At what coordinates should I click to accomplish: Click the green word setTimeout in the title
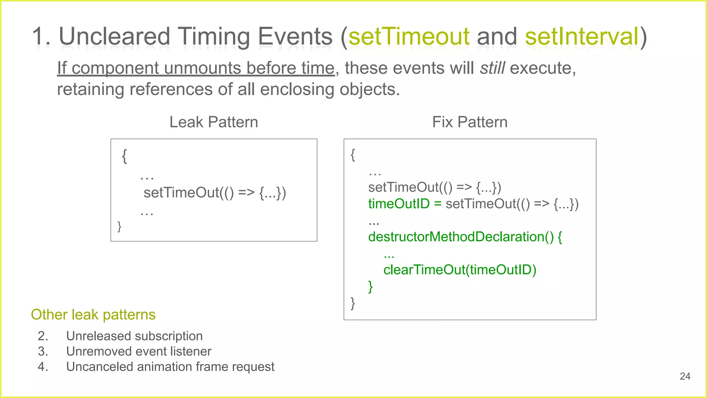(409, 36)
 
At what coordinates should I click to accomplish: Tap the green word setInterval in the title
(582, 36)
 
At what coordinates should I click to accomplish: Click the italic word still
(493, 68)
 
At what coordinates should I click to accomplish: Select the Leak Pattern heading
(214, 122)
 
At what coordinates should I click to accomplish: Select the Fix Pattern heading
(469, 122)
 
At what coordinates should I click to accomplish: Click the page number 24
(685, 376)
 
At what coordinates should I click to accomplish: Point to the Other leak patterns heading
(93, 315)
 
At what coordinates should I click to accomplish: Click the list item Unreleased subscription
(134, 336)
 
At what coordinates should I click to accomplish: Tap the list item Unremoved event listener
(138, 351)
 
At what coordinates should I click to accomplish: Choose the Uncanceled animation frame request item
(170, 367)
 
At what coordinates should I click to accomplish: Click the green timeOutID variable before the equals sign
(399, 204)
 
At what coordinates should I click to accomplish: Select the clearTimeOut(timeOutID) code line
(460, 270)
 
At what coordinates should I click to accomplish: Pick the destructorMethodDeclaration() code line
(465, 237)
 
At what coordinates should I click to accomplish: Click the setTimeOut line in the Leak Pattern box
(215, 193)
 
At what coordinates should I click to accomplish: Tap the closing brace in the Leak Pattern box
(119, 226)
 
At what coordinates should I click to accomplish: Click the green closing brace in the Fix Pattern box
(370, 286)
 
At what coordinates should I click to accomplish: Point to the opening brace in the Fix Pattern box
(353, 155)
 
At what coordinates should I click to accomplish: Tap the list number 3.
(42, 351)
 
